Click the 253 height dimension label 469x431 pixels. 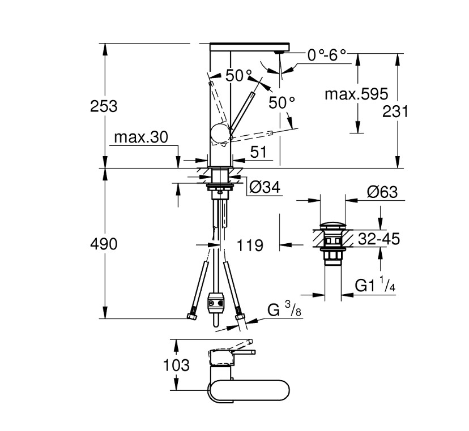[104, 106]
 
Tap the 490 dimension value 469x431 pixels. [104, 244]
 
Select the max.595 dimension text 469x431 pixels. [356, 94]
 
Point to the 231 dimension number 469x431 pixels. [395, 112]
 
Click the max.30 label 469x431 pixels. [141, 137]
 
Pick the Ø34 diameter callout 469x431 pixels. [265, 188]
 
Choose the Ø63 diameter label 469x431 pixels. [382, 192]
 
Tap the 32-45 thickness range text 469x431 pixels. [379, 239]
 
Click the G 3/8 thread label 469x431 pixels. [284, 310]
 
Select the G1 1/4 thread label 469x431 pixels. [375, 285]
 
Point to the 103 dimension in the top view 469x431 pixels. [176, 365]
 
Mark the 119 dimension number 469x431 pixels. [250, 245]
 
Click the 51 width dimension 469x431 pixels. [258, 152]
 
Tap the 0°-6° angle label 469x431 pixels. [327, 55]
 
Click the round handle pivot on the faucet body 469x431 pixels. [220, 133]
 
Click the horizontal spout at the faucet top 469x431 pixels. [250, 47]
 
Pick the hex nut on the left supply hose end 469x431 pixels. [191, 316]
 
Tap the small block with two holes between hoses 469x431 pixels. [216, 303]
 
